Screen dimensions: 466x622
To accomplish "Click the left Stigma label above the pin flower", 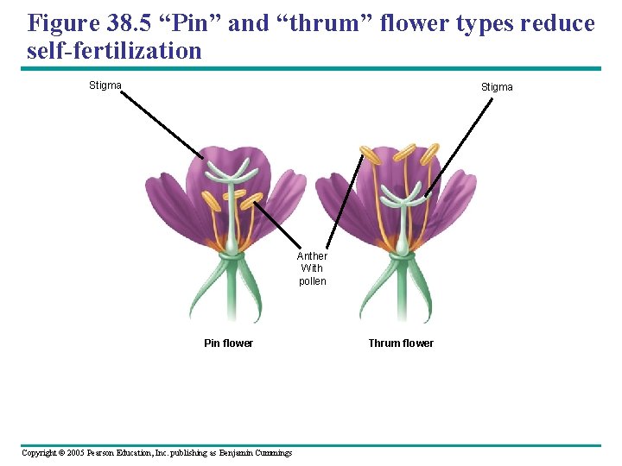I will pyautogui.click(x=105, y=85).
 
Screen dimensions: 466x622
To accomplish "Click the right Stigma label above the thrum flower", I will pyautogui.click(x=497, y=87).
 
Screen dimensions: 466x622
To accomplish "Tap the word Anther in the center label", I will pyautogui.click(x=312, y=256).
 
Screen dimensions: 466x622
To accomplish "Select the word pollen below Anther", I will pyautogui.click(x=312, y=281).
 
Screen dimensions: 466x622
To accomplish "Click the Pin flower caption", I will pyautogui.click(x=228, y=343).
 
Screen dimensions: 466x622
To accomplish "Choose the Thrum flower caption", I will pyautogui.click(x=401, y=343).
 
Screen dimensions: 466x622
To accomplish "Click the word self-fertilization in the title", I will pyautogui.click(x=114, y=51).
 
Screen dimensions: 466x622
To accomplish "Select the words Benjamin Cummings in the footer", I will pyautogui.click(x=256, y=453).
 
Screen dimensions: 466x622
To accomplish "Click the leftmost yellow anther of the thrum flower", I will pyautogui.click(x=370, y=155).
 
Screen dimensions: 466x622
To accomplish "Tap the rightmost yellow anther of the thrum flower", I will pyautogui.click(x=430, y=154).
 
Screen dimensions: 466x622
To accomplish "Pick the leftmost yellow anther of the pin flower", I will pyautogui.click(x=211, y=201).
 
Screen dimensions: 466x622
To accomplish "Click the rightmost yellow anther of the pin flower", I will pyautogui.click(x=252, y=201).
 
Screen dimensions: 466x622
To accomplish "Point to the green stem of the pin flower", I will pyautogui.click(x=232, y=289).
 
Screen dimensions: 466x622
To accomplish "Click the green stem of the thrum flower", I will pyautogui.click(x=402, y=289).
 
